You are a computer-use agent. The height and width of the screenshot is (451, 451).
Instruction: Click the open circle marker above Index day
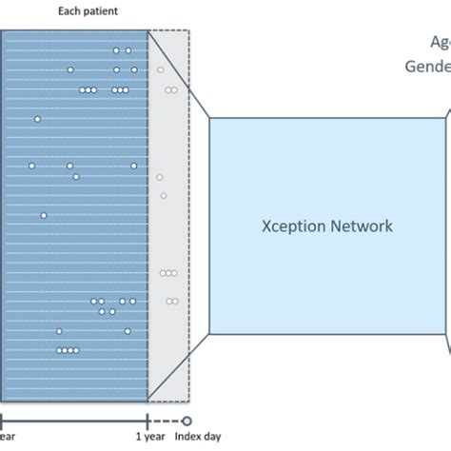187,420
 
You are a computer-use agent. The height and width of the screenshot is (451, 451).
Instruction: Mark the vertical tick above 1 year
147,420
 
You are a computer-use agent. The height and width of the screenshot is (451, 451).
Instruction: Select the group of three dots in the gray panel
168,273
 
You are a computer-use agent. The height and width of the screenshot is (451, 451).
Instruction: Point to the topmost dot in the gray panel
160,69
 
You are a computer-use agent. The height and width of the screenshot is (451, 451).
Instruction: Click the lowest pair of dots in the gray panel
171,301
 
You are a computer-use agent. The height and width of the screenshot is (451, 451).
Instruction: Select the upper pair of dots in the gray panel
171,90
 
